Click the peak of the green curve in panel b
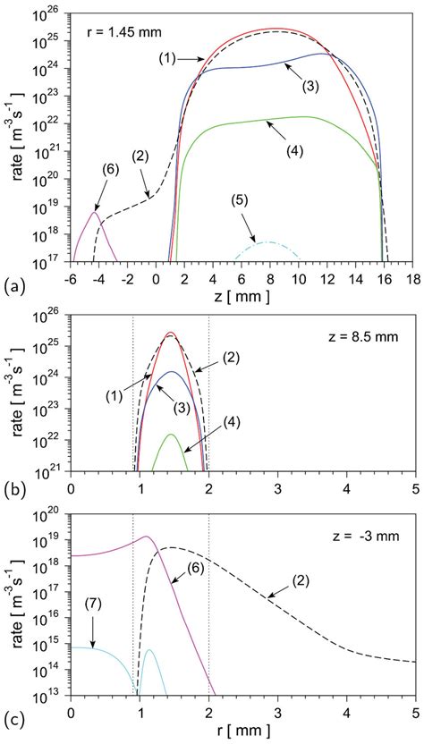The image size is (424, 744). pyautogui.click(x=171, y=435)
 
